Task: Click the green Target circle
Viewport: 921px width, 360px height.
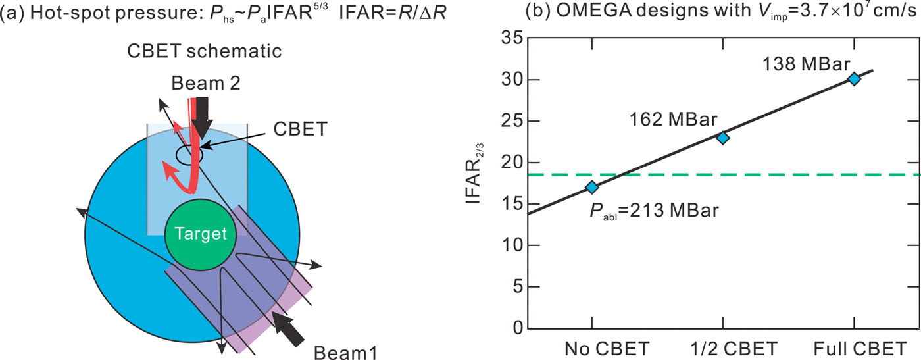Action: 201,234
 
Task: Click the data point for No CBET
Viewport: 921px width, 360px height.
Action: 592,188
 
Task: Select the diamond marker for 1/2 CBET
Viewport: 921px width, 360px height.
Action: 723,138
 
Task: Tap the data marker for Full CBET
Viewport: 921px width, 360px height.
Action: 854,79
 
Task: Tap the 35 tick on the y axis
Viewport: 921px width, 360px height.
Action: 512,38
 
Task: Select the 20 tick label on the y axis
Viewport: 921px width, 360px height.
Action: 512,163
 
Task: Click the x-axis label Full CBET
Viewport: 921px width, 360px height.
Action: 853,347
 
